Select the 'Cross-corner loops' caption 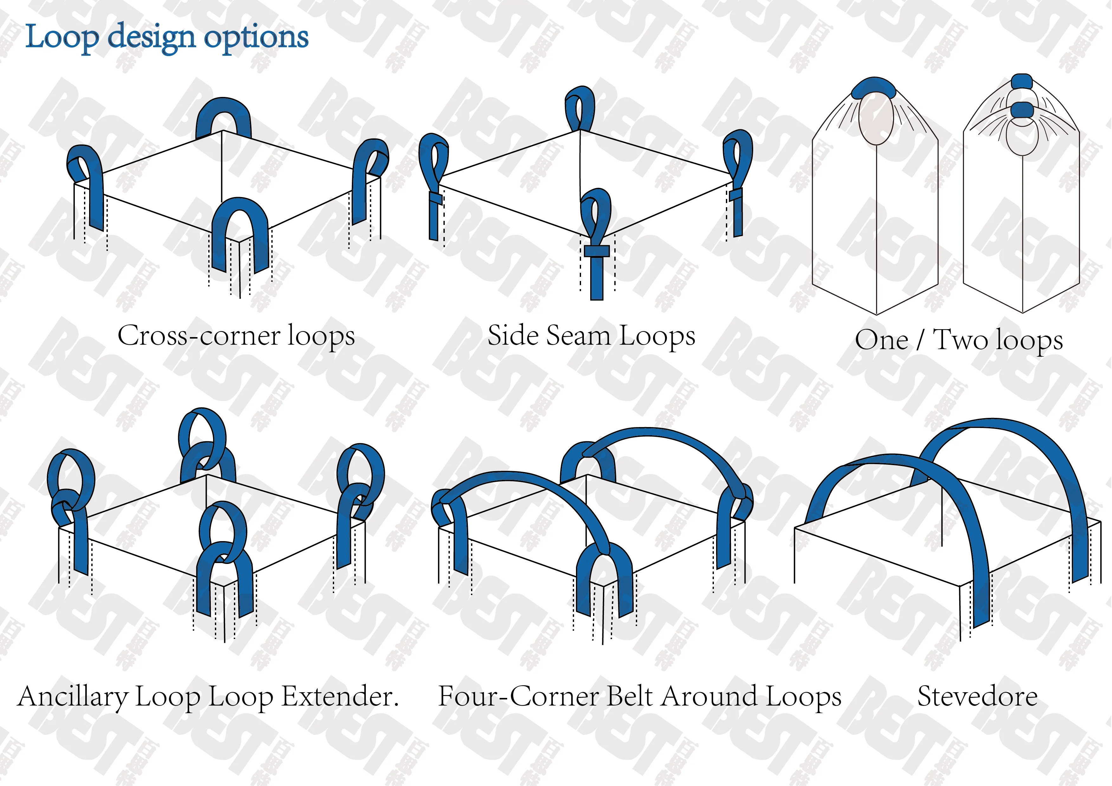(x=236, y=335)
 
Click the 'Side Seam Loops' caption (x=592, y=335)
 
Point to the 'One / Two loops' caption (x=959, y=340)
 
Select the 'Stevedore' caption (x=977, y=697)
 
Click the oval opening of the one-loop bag (x=876, y=118)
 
